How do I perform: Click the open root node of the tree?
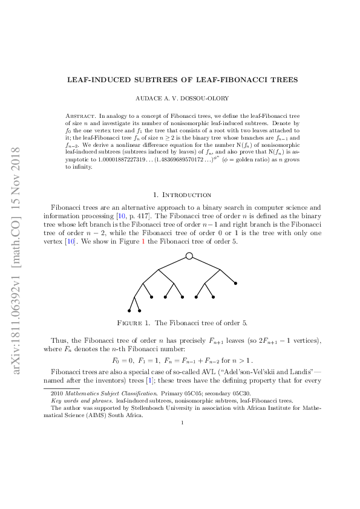click(189, 256)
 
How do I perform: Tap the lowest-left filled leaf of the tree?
click(129, 311)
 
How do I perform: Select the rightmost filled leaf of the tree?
click(235, 283)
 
